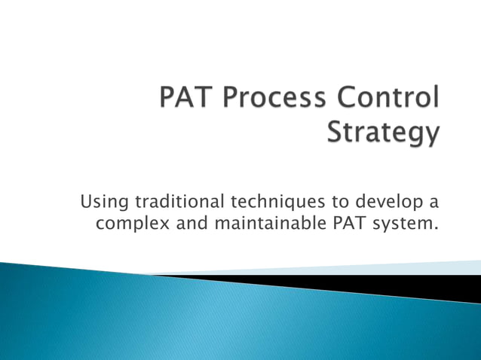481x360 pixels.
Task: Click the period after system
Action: [x=436, y=227]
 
